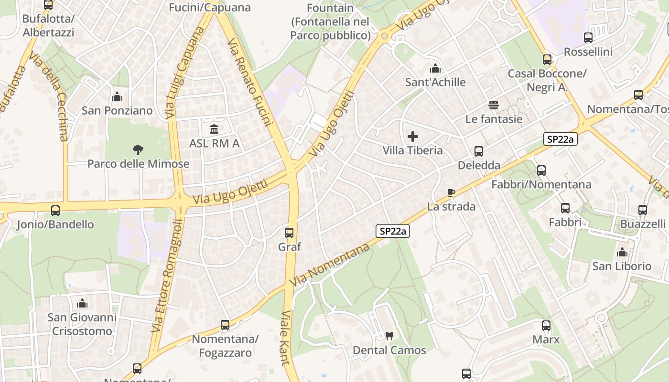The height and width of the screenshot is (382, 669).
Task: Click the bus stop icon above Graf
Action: [289, 233]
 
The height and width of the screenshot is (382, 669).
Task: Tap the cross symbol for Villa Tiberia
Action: [413, 137]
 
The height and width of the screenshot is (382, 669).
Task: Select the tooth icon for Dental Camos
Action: [389, 336]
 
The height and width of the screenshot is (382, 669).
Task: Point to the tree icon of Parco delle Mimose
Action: [138, 150]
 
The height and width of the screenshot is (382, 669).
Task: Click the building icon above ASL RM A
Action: [214, 129]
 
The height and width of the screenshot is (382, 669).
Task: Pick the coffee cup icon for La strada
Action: [451, 192]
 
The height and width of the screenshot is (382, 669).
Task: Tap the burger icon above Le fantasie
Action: [494, 105]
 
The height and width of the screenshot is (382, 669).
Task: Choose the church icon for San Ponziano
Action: [117, 97]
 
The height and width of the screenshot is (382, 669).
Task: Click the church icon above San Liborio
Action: [622, 252]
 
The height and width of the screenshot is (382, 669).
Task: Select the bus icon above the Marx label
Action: [546, 326]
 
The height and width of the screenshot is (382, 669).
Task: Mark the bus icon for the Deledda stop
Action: [479, 151]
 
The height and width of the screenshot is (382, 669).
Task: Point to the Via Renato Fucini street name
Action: [249, 82]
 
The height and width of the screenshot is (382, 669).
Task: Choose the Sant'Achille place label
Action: [435, 82]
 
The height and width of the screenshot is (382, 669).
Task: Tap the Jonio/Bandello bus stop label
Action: [55, 224]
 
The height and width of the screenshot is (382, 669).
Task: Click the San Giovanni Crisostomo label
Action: [82, 324]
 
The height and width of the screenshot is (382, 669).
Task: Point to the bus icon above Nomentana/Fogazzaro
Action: [225, 326]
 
